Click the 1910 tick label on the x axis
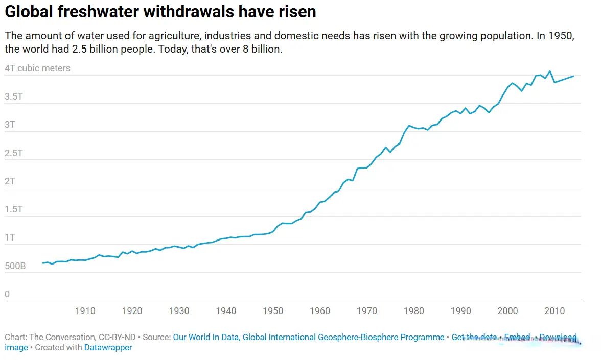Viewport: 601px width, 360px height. pos(85,310)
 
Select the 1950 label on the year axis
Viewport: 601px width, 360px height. pos(273,310)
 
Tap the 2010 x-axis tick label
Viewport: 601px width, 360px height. pos(554,310)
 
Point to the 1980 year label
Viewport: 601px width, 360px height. pos(414,310)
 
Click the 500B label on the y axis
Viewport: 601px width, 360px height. pos(15,266)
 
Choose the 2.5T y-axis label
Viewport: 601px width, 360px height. pos(14,153)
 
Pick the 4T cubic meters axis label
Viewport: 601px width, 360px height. pos(37,68)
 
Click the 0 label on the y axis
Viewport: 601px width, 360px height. pos(7,294)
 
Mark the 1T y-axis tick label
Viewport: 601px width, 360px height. pos(10,238)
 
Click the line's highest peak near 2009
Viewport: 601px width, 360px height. pos(549,71)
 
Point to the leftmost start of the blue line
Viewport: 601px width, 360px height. pos(43,263)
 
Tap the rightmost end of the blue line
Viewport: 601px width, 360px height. pos(573,76)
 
